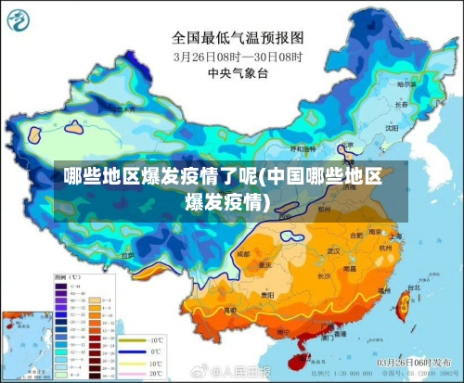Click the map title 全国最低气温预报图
[x=238, y=38]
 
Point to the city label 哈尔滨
[x=405, y=84]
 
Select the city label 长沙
[x=326, y=275]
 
